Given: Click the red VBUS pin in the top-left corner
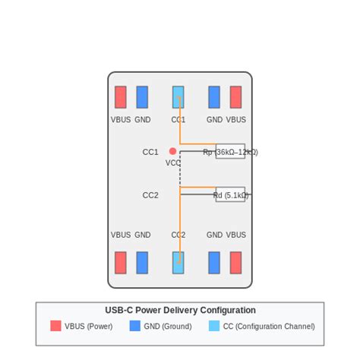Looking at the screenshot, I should [x=121, y=97].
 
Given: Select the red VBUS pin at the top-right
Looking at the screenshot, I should [x=235, y=97].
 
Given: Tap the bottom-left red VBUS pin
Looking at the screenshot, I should [x=121, y=263].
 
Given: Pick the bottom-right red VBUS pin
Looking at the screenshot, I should [x=235, y=263].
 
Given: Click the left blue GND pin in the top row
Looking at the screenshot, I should [x=142, y=97].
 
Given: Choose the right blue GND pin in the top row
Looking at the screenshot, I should [x=214, y=97].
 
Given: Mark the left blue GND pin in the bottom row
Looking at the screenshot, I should [x=142, y=263].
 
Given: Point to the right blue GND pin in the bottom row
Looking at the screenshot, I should [x=214, y=263].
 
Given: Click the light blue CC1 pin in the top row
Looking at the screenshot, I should [x=178, y=97].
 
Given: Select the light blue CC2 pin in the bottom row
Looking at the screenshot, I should [x=178, y=263].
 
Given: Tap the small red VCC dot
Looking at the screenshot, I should [x=173, y=151].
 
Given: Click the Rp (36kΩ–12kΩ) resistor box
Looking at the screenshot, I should [x=230, y=152].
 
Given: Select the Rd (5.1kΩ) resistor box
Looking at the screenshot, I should [x=230, y=194].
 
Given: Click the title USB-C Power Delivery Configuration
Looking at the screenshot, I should [x=180, y=311].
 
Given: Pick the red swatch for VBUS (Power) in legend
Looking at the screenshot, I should [x=55, y=326].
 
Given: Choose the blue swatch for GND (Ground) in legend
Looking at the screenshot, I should [x=135, y=326].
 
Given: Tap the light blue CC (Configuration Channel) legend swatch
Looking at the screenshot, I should [x=214, y=326].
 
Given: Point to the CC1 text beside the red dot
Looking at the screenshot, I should [x=150, y=152].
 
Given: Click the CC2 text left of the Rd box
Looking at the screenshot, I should [x=150, y=195].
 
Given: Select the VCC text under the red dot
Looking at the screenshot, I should [x=173, y=163].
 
